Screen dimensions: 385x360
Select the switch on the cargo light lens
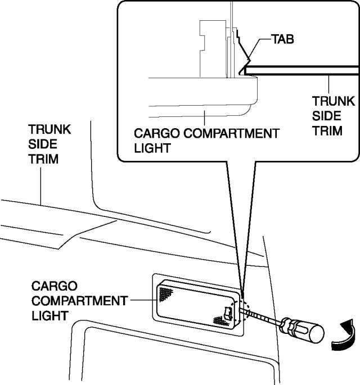[x=228, y=312]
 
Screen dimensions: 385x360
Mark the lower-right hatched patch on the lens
[x=218, y=319]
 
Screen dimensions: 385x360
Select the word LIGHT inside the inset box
[x=153, y=148]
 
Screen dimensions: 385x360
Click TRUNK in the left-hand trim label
[x=49, y=130]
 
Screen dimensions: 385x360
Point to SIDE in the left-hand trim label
[x=41, y=144]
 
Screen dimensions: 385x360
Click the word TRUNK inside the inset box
[x=334, y=102]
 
